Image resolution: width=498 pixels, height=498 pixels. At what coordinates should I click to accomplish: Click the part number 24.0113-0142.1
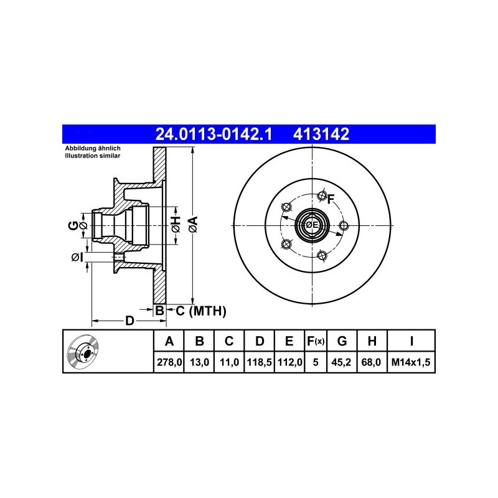point(214,134)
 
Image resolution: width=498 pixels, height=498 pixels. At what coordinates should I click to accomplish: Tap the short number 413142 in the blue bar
point(321,134)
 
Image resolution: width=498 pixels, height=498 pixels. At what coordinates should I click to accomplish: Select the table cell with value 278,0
point(169,362)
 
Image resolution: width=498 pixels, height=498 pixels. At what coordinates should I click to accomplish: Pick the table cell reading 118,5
point(260,362)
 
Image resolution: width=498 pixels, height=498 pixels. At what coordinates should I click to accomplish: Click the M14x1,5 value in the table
point(411,362)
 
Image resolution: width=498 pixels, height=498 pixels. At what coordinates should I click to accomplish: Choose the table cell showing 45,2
point(341,362)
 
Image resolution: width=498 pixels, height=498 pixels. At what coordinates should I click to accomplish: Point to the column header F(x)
point(316,341)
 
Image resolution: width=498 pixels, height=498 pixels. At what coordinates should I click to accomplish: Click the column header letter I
point(411,341)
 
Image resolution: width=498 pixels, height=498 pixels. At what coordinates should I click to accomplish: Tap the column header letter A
point(169,341)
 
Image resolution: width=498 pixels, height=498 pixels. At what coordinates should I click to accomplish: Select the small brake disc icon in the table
point(83,350)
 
